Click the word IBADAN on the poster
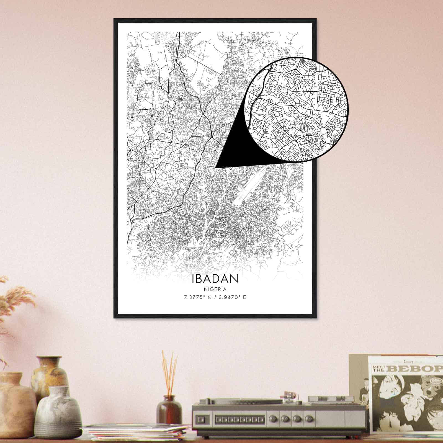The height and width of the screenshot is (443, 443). pos(215,279)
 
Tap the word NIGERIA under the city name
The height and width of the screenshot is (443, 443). pos(215,289)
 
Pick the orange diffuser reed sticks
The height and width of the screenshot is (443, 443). pos(169,371)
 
